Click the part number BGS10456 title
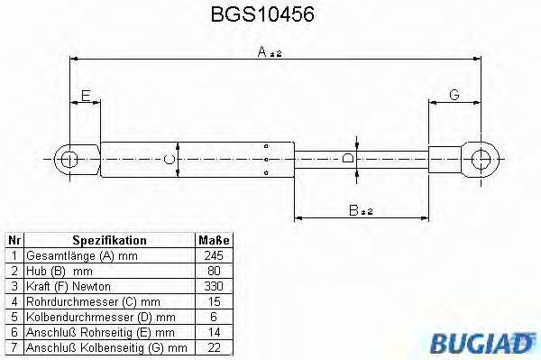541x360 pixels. [x=270, y=16]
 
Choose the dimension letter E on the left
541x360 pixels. [x=85, y=95]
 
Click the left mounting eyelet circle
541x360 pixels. [x=69, y=161]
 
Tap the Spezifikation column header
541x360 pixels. [x=109, y=241]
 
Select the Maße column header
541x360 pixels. [x=214, y=241]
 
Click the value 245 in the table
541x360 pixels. [x=214, y=255]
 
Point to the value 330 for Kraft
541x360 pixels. [x=214, y=286]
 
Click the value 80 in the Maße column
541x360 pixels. [x=214, y=271]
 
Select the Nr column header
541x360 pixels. [x=14, y=241]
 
